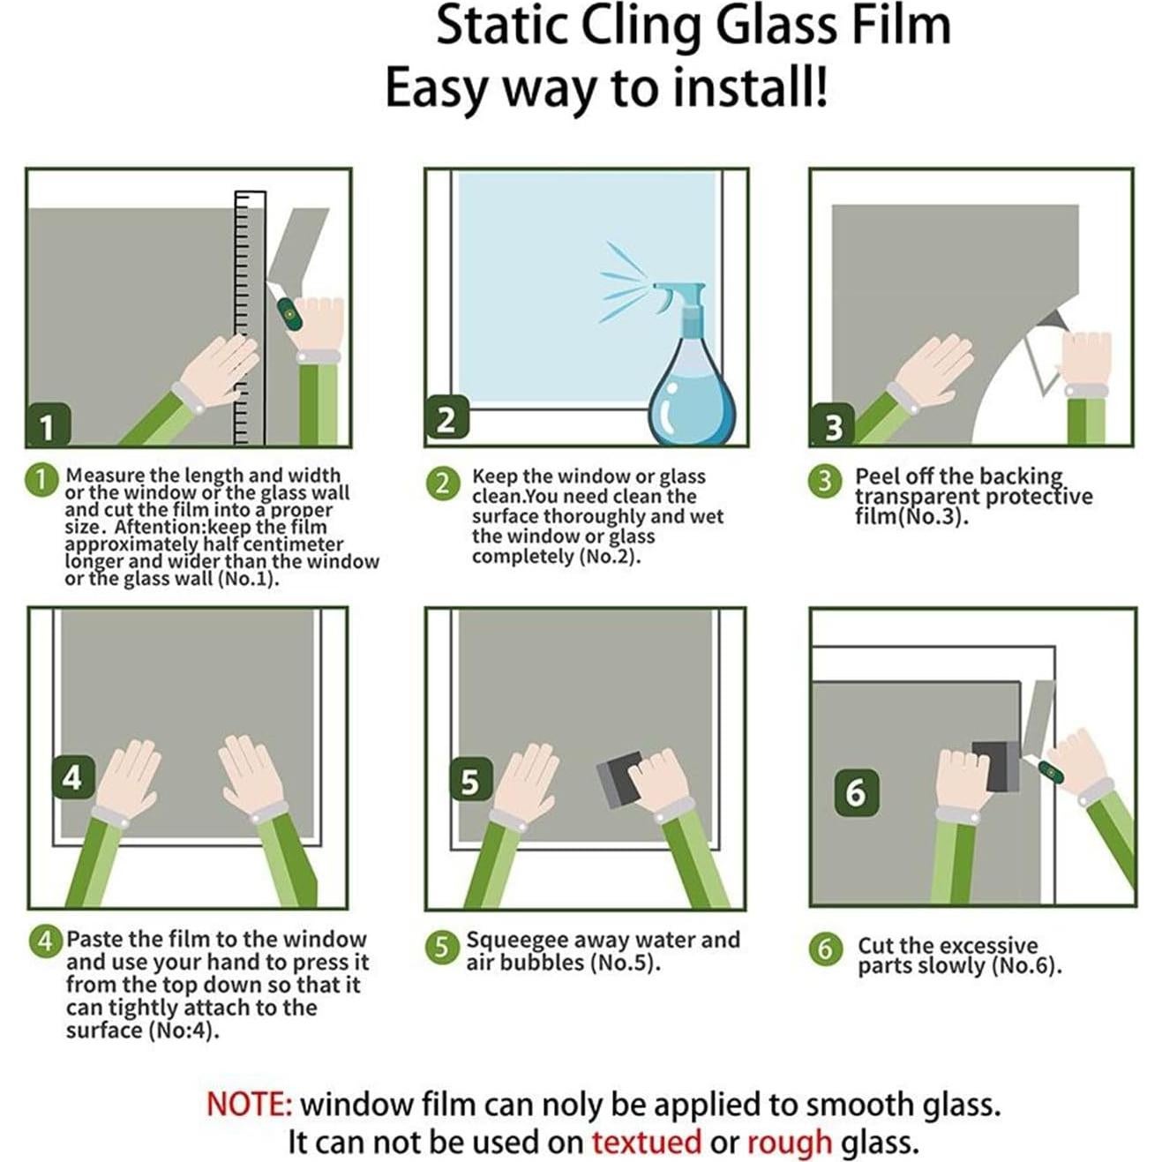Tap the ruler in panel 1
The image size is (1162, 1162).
coord(250,318)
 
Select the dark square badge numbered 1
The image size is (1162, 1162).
coord(47,426)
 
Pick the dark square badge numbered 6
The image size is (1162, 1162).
coord(856,791)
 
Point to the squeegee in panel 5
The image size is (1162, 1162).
coord(620,779)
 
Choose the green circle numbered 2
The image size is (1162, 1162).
coord(443,483)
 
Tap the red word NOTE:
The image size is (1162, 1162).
coord(249,1104)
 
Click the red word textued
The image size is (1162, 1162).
coord(646,1142)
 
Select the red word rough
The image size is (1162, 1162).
coord(789,1142)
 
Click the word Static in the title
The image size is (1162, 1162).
coord(499,26)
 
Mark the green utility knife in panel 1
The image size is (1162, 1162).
coord(288,310)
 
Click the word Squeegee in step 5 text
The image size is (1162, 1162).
coord(522,941)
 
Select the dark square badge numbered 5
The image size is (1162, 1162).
coord(469,781)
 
